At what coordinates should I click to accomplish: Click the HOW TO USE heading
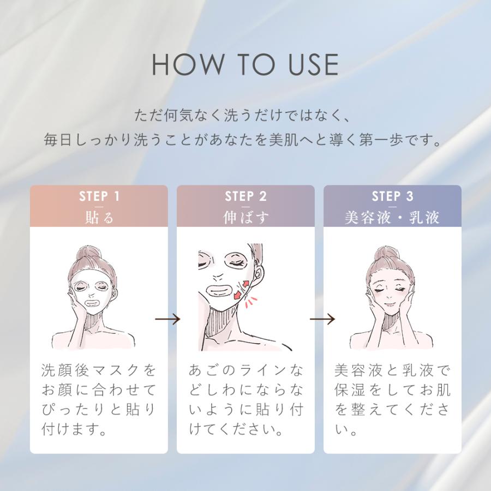point(245,65)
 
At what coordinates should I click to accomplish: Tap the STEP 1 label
point(99,196)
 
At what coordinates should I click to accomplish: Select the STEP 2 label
point(245,196)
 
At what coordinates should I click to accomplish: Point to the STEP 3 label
point(392,196)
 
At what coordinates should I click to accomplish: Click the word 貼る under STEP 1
point(99,217)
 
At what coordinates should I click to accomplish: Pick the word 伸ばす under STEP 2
point(245,217)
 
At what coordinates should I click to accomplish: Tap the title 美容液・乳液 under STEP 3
point(392,217)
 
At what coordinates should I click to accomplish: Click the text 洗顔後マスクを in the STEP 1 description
point(99,371)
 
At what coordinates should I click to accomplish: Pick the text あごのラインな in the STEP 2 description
point(245,371)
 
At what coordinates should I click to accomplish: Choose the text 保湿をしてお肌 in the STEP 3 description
point(392,391)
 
